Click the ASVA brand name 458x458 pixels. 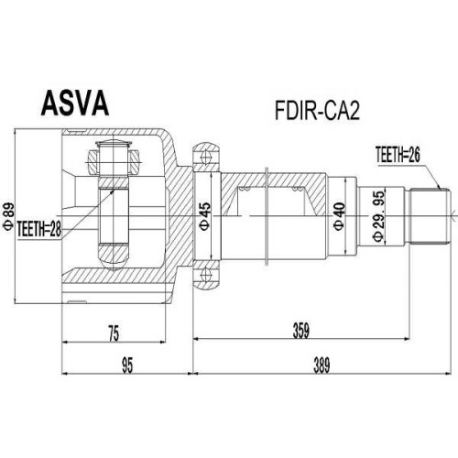point(75,104)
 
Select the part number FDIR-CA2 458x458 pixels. point(318,111)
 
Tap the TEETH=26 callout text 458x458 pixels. point(398,155)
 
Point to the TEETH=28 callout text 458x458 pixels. point(39,229)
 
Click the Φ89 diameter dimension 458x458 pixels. point(8,216)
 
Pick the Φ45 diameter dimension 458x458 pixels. point(205,216)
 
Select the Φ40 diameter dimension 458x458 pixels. point(339,216)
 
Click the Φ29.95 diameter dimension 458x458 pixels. point(379,216)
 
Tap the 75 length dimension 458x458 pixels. point(114,333)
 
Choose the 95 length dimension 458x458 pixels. point(127,365)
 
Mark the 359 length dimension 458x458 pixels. point(301,331)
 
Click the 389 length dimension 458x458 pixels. point(322,365)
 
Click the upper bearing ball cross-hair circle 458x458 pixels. point(206,158)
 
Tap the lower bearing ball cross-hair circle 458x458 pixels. point(206,274)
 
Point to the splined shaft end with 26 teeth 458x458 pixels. point(430,216)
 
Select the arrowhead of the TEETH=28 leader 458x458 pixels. point(113,191)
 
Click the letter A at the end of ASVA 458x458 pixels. point(100,104)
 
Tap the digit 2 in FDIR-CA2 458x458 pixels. point(354,111)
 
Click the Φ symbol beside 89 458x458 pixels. point(8,226)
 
